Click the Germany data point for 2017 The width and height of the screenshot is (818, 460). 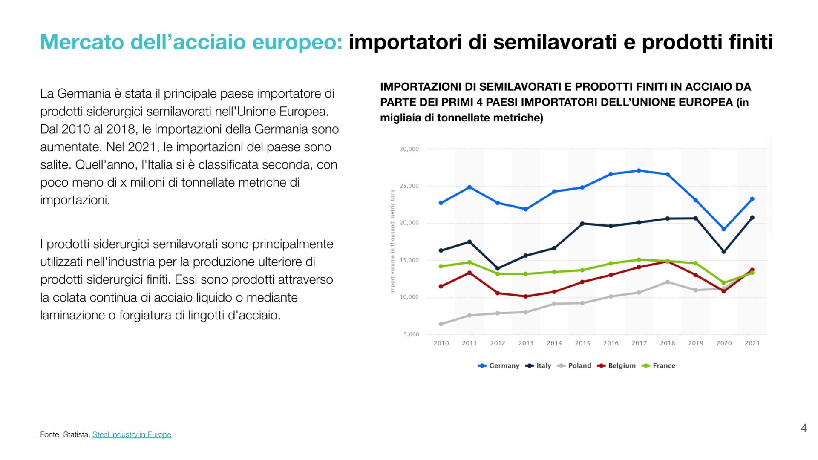(639, 171)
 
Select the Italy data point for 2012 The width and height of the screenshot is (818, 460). (497, 268)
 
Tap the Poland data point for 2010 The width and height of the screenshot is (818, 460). (441, 324)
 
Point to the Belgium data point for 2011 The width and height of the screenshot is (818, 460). (469, 273)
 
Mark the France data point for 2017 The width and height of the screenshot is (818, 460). (639, 260)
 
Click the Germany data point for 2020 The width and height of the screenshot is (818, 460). (723, 229)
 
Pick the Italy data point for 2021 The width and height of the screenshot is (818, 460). (752, 218)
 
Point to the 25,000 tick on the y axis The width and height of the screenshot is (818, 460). (409, 186)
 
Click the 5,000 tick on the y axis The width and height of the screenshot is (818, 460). (411, 334)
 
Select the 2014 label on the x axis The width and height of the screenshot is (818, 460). (554, 343)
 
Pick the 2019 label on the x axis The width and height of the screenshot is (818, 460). (695, 343)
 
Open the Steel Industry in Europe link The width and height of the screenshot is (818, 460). (132, 434)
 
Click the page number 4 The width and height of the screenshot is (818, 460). (804, 428)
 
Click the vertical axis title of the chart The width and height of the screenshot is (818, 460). (392, 241)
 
